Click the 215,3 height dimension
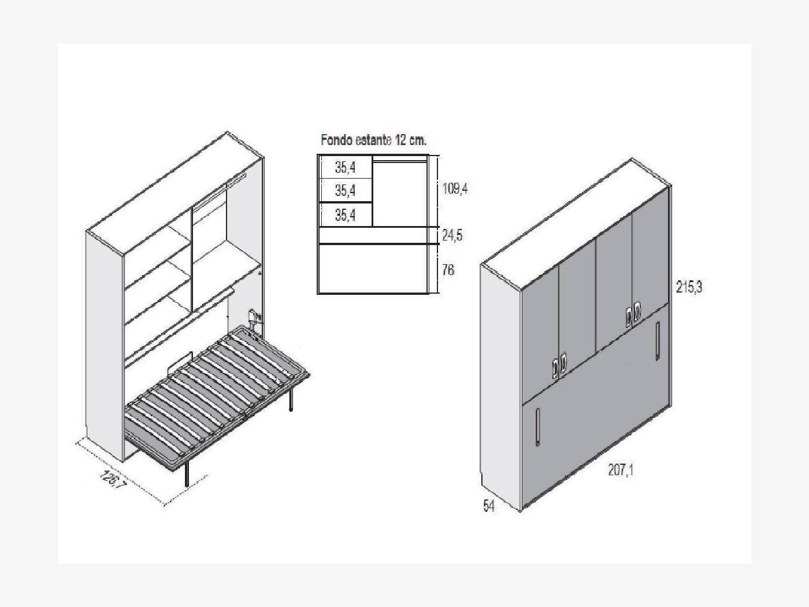click(689, 287)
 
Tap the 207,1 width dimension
click(621, 470)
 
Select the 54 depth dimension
click(489, 506)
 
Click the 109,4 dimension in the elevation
click(455, 188)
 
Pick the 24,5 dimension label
click(452, 235)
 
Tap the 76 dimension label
click(448, 270)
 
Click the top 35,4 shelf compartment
click(346, 167)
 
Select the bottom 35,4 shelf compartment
click(346, 214)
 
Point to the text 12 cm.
click(411, 140)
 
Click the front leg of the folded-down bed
click(187, 475)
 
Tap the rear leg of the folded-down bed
click(291, 401)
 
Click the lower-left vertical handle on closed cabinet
click(538, 427)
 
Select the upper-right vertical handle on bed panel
click(657, 340)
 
